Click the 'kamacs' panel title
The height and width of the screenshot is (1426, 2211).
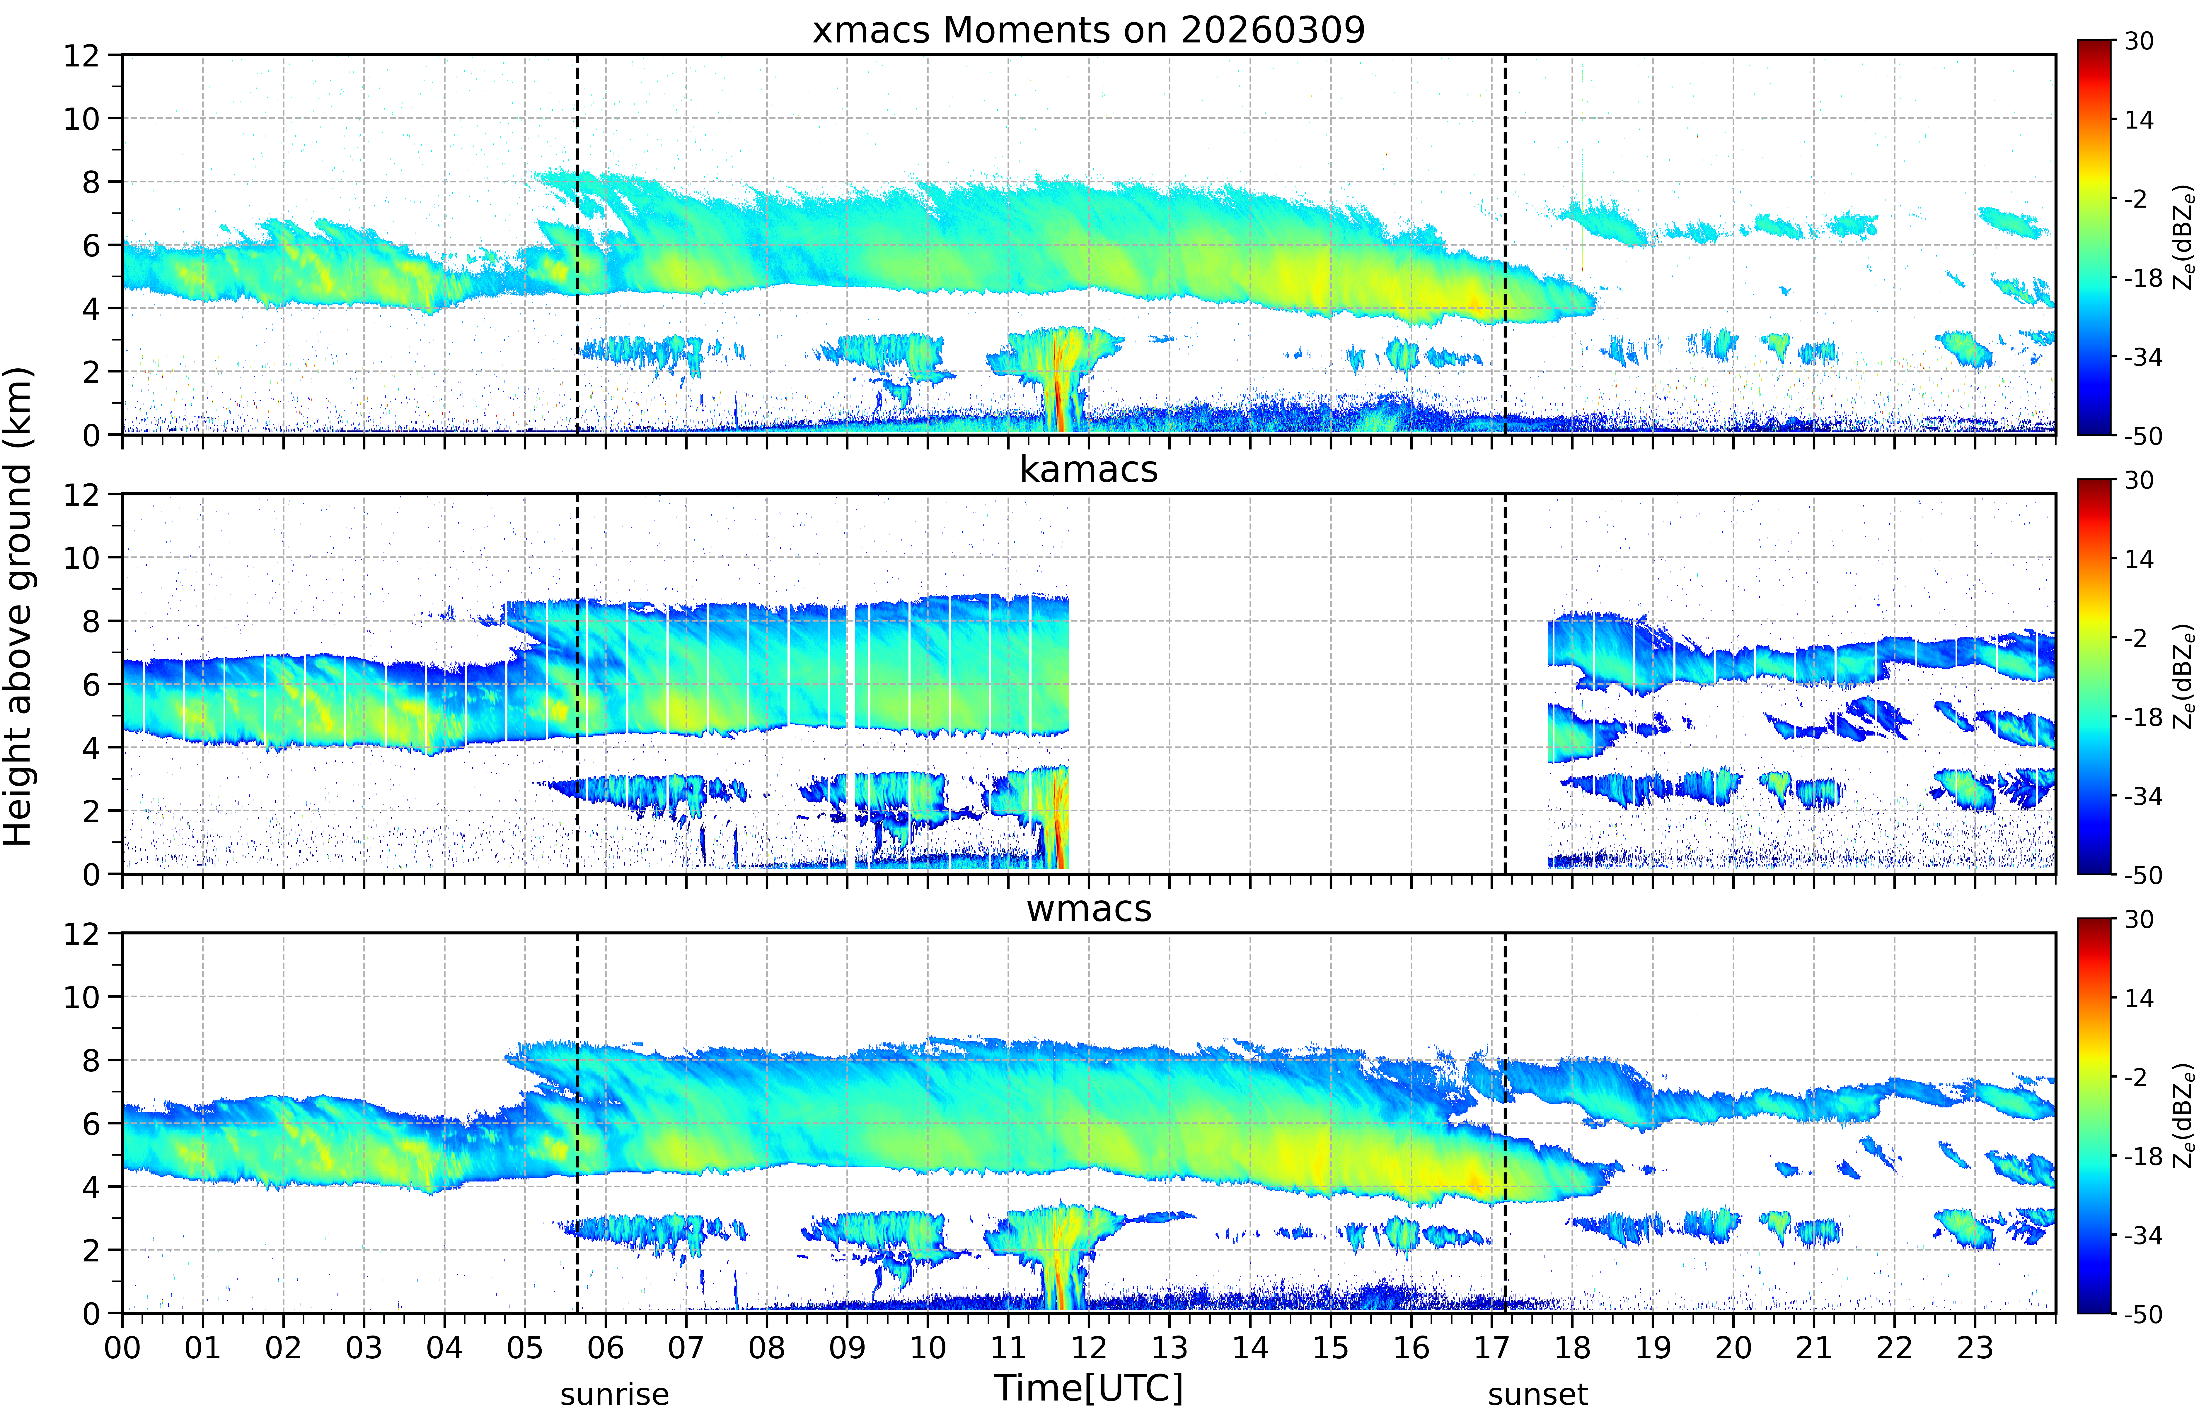[x=1088, y=469]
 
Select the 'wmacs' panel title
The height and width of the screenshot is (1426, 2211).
[x=1088, y=908]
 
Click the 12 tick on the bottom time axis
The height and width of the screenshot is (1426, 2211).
[x=1088, y=1347]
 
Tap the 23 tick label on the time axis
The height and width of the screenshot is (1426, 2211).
[x=1975, y=1347]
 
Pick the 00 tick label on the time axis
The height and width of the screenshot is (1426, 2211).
[x=122, y=1347]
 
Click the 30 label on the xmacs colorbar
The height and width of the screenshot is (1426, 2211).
[x=2139, y=42]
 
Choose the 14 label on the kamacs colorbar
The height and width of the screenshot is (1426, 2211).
[x=2139, y=559]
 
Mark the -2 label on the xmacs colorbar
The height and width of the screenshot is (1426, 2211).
[x=2135, y=199]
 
